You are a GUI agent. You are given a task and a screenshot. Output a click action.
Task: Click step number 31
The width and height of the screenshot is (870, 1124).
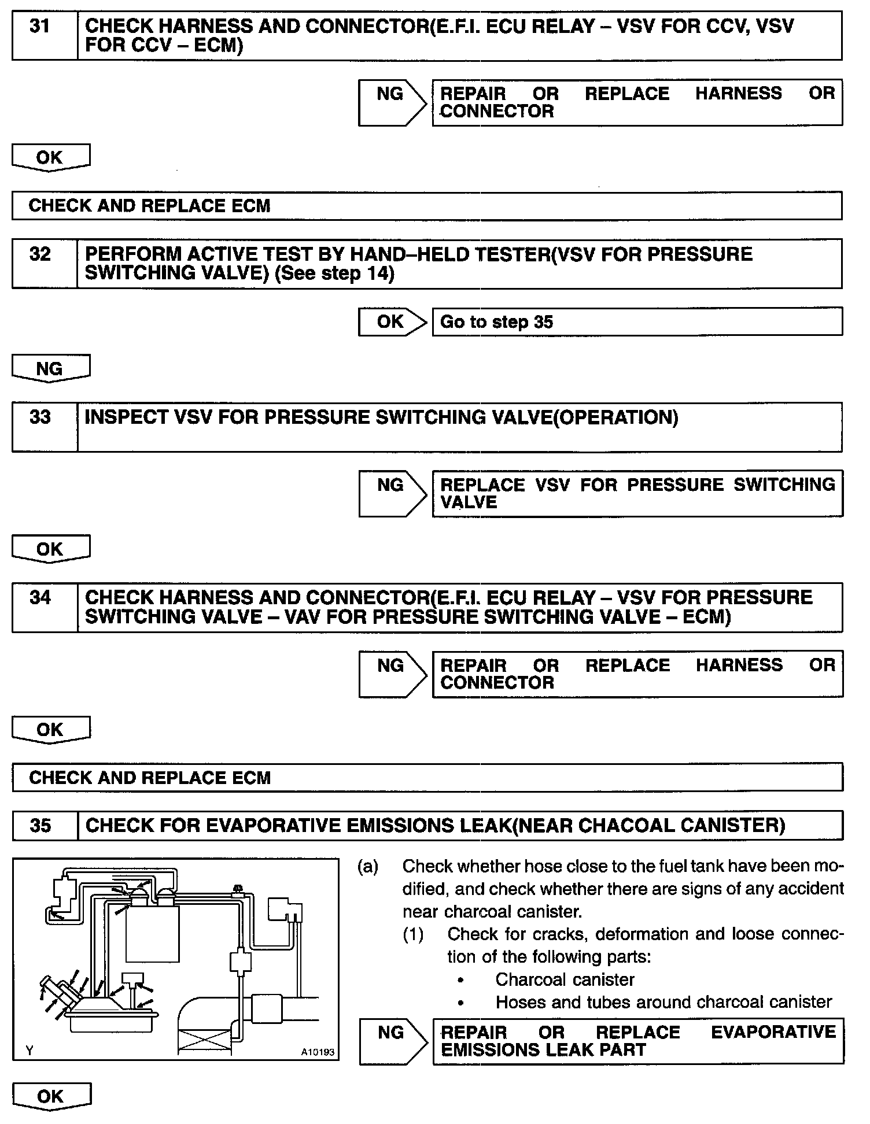pyautogui.click(x=39, y=27)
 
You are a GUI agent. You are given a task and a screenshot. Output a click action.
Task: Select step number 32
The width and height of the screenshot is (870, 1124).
pyautogui.click(x=39, y=254)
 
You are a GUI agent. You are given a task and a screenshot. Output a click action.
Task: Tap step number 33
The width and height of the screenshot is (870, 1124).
pyautogui.click(x=39, y=417)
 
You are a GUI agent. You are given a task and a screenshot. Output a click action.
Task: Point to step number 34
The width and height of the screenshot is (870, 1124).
pyautogui.click(x=39, y=598)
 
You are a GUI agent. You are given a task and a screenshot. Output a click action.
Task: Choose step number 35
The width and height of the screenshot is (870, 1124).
pyautogui.click(x=40, y=826)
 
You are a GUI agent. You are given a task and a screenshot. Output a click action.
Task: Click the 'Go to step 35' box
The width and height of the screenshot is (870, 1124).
pyautogui.click(x=636, y=322)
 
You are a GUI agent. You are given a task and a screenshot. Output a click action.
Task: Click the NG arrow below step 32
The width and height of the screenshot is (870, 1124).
pyautogui.click(x=50, y=369)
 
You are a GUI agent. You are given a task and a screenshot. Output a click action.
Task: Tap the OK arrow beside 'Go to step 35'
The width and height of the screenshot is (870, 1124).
pyautogui.click(x=392, y=322)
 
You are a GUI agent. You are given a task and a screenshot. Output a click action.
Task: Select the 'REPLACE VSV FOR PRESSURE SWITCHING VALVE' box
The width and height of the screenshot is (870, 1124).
pyautogui.click(x=636, y=493)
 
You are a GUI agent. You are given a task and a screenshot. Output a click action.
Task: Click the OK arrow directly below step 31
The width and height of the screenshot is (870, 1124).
pyautogui.click(x=50, y=158)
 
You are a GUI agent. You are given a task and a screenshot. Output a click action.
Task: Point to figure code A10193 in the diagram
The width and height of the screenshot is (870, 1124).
pyautogui.click(x=317, y=1052)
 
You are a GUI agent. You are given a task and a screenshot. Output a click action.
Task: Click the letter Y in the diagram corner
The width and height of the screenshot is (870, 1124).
pyautogui.click(x=30, y=1051)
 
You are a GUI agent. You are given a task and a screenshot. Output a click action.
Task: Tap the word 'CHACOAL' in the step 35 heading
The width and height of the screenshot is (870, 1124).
pyautogui.click(x=625, y=826)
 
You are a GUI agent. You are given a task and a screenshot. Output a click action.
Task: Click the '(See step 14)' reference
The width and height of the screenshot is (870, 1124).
pyautogui.click(x=334, y=273)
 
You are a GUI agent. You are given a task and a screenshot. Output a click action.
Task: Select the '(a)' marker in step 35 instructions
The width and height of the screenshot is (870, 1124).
pyautogui.click(x=368, y=866)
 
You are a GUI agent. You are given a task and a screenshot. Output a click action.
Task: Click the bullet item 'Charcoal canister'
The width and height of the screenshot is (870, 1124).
pyautogui.click(x=564, y=979)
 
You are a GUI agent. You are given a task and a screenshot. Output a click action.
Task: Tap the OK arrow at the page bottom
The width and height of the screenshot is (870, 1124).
pyautogui.click(x=50, y=1097)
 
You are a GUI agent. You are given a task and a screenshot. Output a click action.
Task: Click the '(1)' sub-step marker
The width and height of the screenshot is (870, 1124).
pyautogui.click(x=413, y=934)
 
